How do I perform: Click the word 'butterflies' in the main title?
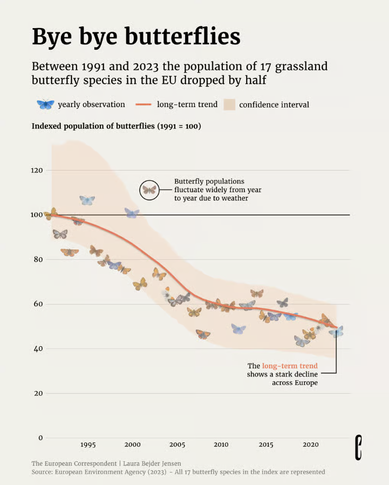[x=182, y=36]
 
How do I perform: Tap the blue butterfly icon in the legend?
[x=45, y=104]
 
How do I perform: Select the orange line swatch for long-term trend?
[x=144, y=105]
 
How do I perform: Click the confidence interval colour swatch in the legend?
[x=229, y=105]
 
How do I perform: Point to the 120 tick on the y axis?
[x=37, y=171]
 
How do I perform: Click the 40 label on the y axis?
[x=38, y=348]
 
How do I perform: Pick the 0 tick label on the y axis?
[x=40, y=437]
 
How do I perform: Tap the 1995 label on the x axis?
[x=88, y=445]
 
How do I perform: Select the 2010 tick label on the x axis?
[x=221, y=445]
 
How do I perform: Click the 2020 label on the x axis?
[x=311, y=445]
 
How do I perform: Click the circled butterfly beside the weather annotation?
[x=149, y=190]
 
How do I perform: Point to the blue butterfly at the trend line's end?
[x=336, y=332]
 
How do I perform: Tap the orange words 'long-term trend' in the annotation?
[x=290, y=366]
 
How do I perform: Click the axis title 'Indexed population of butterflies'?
[x=93, y=126]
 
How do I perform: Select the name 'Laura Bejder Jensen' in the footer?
[x=152, y=463]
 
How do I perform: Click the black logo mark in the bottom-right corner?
[x=358, y=447]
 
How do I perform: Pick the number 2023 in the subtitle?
[x=146, y=66]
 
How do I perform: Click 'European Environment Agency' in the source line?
[x=100, y=472]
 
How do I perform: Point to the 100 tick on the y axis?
[x=37, y=215]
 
